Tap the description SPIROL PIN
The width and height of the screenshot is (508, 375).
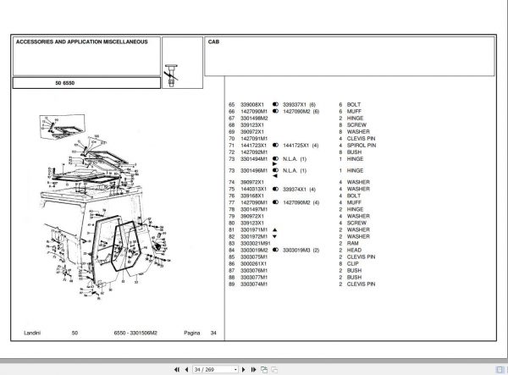coord(362,145)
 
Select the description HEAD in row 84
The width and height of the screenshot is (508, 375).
coord(355,251)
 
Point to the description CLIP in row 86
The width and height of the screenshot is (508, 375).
coord(354,264)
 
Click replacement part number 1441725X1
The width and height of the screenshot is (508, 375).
coord(298,145)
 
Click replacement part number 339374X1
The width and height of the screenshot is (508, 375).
coord(296,189)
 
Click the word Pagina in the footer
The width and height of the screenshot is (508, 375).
coord(192,333)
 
